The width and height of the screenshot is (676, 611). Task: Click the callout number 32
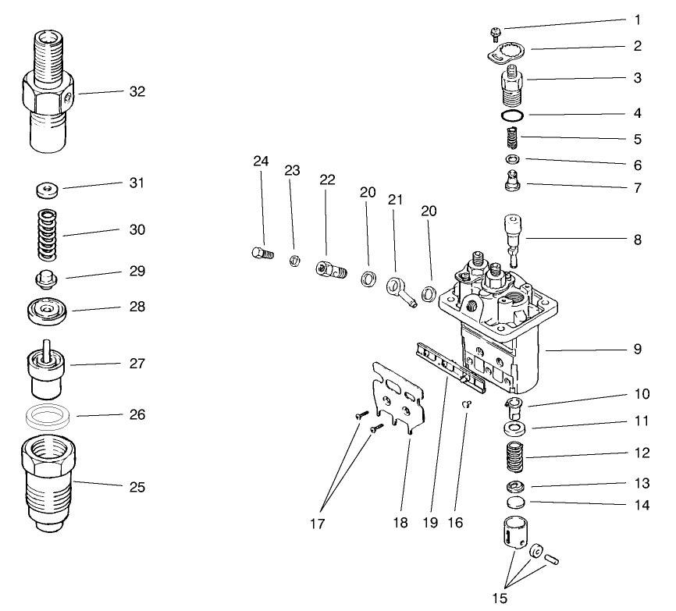137,91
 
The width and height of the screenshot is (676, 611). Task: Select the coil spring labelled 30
48,234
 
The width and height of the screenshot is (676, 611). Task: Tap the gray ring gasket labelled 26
48,414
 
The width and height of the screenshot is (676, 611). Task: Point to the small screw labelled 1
494,32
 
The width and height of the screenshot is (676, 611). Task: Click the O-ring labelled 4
512,115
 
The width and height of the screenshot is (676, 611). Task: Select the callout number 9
637,350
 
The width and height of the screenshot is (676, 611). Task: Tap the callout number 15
500,599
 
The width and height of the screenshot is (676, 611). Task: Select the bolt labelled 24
262,254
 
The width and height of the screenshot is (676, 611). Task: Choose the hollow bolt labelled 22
331,270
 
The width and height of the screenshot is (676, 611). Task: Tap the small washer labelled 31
48,190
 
